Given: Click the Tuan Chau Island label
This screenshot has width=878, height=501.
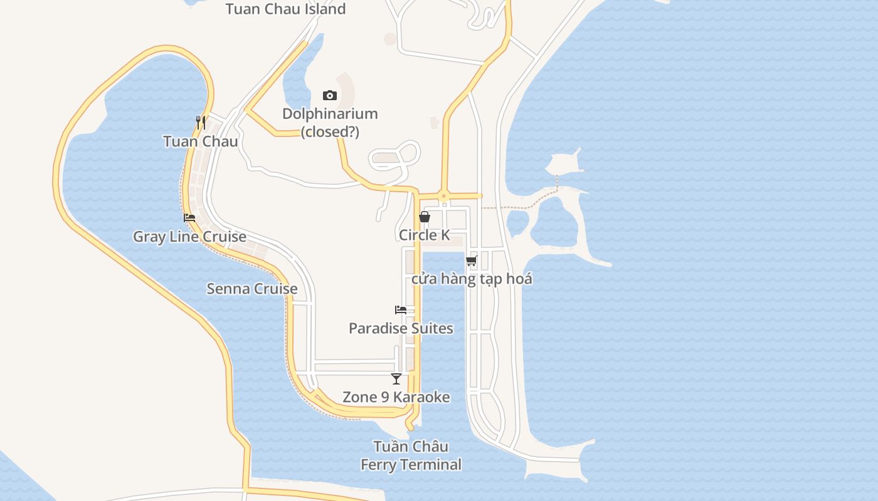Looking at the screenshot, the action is click(x=285, y=9).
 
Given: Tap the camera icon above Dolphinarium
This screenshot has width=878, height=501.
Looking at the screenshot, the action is click(x=330, y=95).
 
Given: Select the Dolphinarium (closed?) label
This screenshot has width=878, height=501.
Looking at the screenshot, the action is click(x=330, y=123).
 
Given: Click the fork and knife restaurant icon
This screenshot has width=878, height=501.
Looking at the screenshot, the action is click(x=201, y=122).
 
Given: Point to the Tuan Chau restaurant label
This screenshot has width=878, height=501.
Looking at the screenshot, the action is click(x=201, y=142).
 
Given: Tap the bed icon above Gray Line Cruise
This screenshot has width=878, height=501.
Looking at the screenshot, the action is click(x=189, y=218).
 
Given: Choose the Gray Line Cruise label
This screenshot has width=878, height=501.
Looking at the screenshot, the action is click(x=189, y=237).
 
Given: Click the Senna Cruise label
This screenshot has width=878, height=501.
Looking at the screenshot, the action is click(x=252, y=289).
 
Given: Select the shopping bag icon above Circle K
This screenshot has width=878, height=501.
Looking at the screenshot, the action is click(x=425, y=217).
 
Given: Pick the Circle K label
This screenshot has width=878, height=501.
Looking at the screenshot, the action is click(x=425, y=235).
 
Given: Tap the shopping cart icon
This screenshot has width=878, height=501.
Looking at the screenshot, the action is click(x=471, y=261).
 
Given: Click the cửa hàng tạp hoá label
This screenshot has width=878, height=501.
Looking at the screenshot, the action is click(x=472, y=279).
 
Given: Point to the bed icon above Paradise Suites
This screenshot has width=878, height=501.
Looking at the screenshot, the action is click(x=401, y=309).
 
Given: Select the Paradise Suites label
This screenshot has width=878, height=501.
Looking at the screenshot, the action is click(x=401, y=328).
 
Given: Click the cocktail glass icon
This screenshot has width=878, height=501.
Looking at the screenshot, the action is click(x=396, y=378).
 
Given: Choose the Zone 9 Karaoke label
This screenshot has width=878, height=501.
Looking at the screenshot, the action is click(x=396, y=397).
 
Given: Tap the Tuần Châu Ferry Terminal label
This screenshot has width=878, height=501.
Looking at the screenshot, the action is click(x=411, y=455).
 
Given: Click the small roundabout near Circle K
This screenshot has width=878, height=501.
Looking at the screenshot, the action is click(x=444, y=196).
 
